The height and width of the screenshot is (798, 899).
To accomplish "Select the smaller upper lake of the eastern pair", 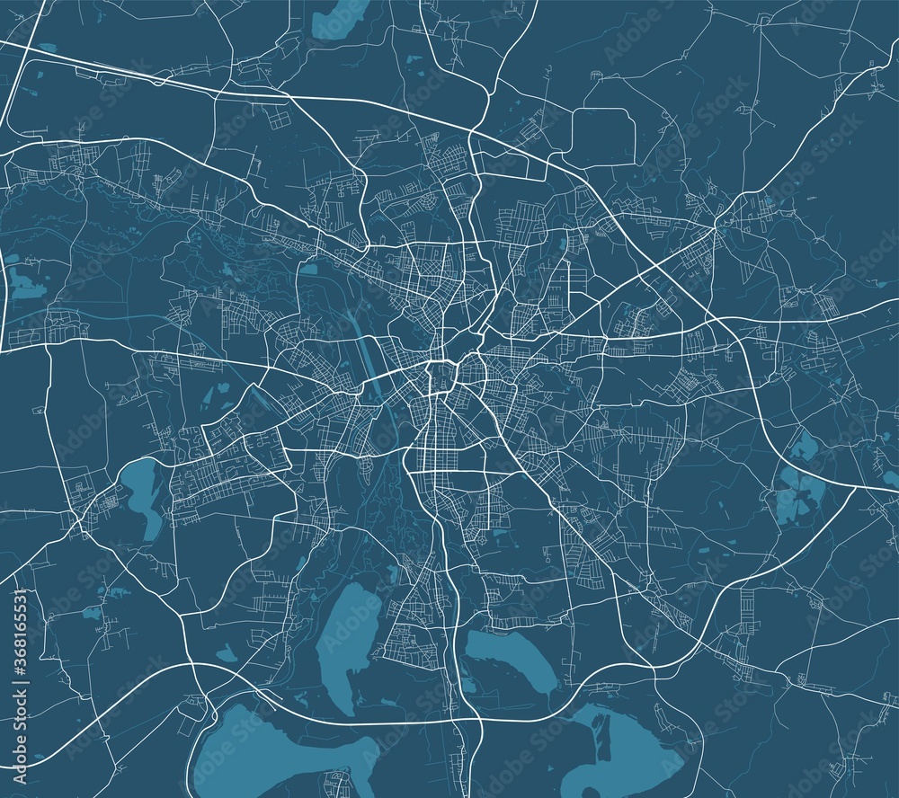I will coord(799,444).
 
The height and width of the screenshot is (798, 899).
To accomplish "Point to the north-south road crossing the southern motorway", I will coord(462,719).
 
